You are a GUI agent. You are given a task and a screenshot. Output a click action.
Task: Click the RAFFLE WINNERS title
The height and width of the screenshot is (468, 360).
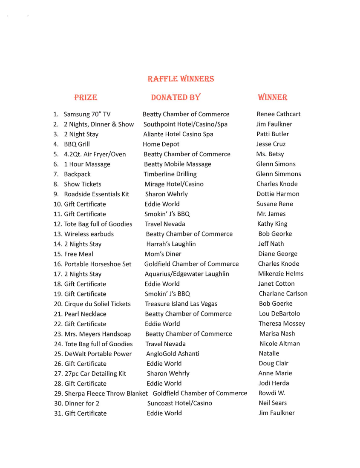click(181, 79)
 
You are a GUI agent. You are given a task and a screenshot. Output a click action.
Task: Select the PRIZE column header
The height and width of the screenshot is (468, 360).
click(86, 98)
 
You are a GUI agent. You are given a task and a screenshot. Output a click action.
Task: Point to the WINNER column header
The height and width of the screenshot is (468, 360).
click(273, 98)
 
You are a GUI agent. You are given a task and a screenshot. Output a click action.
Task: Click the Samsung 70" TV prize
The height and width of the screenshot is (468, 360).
click(87, 114)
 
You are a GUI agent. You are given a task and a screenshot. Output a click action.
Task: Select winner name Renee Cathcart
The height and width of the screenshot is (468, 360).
click(279, 114)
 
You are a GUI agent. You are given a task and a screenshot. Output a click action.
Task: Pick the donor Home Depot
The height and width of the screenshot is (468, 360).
click(161, 144)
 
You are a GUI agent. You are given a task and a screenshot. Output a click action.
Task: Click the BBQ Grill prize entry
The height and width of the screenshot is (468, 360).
click(77, 144)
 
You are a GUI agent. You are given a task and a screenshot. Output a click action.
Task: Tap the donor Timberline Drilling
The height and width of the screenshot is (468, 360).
click(170, 174)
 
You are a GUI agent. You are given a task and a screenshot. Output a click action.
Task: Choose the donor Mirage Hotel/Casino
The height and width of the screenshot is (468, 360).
click(174, 184)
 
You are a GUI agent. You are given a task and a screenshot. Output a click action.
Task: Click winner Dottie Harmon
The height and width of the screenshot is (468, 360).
click(278, 194)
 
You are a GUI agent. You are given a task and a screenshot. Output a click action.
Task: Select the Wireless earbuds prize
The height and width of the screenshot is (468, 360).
click(89, 234)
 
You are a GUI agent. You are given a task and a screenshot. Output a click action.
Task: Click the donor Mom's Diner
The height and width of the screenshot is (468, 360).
click(163, 254)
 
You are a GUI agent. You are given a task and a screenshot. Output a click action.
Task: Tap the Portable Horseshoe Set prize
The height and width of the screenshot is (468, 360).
click(98, 264)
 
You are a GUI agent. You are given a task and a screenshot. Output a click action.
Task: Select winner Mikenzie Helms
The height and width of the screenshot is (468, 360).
click(281, 274)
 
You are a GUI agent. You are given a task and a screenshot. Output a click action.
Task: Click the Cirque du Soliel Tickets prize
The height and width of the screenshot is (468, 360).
click(97, 304)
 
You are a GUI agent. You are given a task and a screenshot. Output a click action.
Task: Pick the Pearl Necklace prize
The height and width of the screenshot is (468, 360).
click(85, 314)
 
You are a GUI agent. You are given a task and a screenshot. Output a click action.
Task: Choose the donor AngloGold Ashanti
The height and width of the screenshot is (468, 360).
click(173, 354)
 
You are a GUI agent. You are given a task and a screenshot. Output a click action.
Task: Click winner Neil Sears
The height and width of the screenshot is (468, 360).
click(273, 403)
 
